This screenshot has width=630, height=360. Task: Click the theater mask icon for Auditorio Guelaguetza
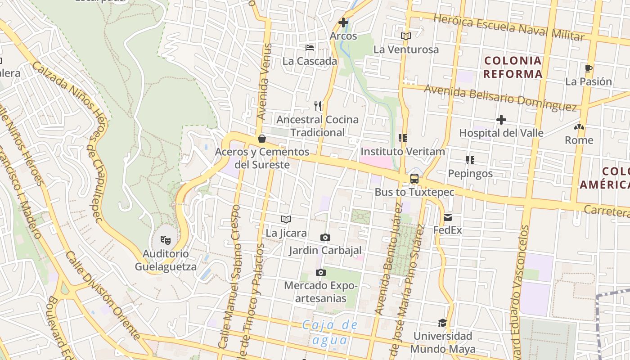(166, 240)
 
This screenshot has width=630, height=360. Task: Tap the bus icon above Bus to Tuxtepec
(414, 179)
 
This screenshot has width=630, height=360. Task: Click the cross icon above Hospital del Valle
(501, 120)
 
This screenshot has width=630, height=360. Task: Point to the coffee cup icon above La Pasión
(588, 69)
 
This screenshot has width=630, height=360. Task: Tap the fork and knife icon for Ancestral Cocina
(318, 106)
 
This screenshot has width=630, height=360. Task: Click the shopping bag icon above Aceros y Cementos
(261, 139)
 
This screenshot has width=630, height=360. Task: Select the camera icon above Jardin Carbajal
(325, 237)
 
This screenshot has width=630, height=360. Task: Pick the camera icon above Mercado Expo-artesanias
(320, 272)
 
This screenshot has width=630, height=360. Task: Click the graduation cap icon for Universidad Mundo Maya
(442, 323)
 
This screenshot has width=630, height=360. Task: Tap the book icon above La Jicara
(286, 219)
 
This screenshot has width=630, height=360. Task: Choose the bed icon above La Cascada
(310, 47)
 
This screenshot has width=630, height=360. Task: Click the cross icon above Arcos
(343, 22)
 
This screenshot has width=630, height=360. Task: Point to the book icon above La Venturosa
(406, 36)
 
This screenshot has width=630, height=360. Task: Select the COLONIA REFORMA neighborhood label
(513, 67)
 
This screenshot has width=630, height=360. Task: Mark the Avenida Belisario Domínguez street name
(500, 97)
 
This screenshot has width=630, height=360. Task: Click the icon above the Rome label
(579, 127)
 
